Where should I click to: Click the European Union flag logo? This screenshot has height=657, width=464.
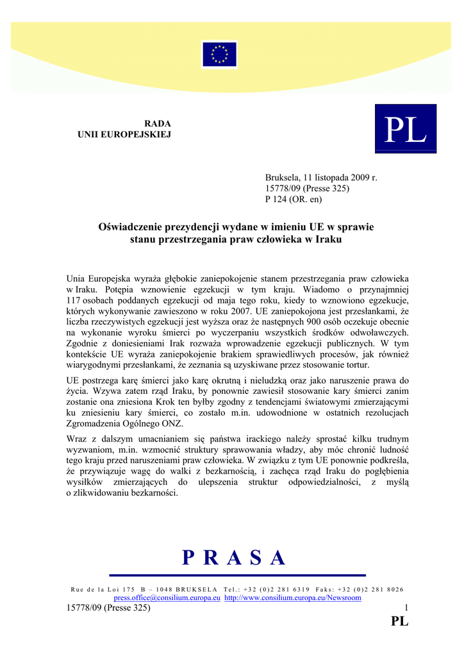coord(220,55)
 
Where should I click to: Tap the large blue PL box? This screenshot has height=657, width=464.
coord(405,129)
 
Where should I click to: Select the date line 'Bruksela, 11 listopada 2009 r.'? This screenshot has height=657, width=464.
coord(321,177)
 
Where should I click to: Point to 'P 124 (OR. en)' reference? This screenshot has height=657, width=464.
coord(294,200)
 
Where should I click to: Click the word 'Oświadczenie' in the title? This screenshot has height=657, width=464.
coord(134,227)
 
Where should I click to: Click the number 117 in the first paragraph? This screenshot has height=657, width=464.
coord(74,300)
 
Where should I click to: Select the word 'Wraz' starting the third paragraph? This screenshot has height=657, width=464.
coord(78,439)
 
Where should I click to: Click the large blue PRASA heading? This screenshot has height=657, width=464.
coord(234,558)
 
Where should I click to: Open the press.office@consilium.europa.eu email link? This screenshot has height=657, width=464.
coord(167,598)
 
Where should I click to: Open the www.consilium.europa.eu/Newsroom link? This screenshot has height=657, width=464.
coord(293,598)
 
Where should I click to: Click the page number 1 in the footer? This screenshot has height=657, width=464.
coord(406,608)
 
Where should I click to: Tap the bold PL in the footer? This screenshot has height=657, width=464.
coord(399,621)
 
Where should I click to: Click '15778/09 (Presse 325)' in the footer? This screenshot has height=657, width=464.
coord(108,608)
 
